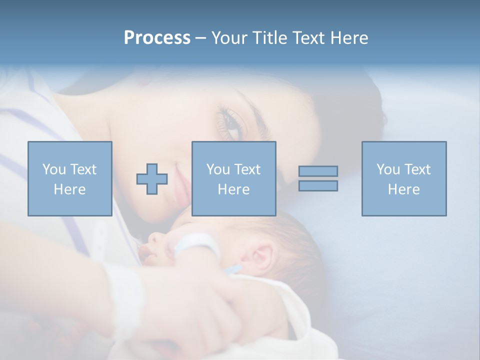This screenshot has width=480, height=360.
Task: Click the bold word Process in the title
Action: [157, 38]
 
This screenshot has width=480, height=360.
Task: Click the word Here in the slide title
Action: [348, 38]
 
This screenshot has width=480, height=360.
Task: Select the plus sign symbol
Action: [152, 179]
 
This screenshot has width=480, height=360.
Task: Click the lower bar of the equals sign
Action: [318, 186]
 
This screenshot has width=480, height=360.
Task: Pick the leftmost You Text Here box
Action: [70, 179]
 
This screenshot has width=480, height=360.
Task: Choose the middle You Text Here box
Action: [233, 179]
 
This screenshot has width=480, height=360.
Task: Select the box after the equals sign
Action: [403, 179]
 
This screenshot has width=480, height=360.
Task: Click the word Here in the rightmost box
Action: [403, 189]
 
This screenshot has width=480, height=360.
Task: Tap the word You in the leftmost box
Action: [54, 169]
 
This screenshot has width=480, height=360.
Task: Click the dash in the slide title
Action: [201, 38]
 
